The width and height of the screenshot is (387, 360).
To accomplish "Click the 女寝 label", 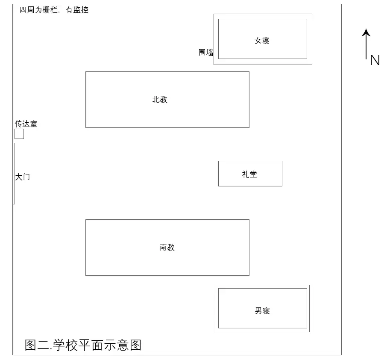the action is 262,40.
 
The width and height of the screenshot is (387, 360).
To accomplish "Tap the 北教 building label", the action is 160,99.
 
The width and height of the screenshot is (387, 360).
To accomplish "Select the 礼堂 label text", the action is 249,174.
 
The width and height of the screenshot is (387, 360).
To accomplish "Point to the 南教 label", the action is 167,247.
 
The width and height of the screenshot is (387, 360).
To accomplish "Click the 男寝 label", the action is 262,310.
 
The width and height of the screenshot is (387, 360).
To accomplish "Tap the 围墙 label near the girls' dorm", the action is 206,53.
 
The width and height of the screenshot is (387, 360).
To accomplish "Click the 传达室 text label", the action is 26,124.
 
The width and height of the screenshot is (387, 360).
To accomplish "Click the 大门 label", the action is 23,177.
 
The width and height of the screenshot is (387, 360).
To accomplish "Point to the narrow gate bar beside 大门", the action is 14,174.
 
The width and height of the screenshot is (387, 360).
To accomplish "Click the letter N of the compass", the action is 375,60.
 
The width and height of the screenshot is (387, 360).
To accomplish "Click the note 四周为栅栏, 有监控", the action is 54,10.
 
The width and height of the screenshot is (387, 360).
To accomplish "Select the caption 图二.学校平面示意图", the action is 83,345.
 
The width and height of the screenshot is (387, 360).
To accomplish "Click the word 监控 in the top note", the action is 81,10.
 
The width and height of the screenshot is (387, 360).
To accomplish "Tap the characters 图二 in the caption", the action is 37,345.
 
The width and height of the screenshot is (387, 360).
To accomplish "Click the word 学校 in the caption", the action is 65,345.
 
